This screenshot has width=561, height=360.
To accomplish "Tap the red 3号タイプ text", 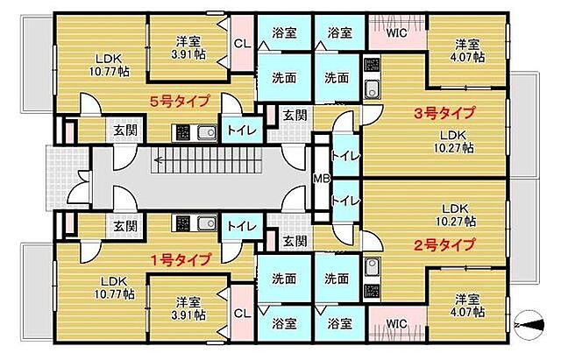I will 444,113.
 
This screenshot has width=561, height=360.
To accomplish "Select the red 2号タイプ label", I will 444,244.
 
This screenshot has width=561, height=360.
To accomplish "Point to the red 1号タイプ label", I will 181,259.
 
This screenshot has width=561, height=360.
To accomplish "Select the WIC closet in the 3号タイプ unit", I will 396,33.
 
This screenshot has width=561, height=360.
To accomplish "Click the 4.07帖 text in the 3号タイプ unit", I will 466,58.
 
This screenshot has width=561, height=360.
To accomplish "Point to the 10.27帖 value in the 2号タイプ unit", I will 457,222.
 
